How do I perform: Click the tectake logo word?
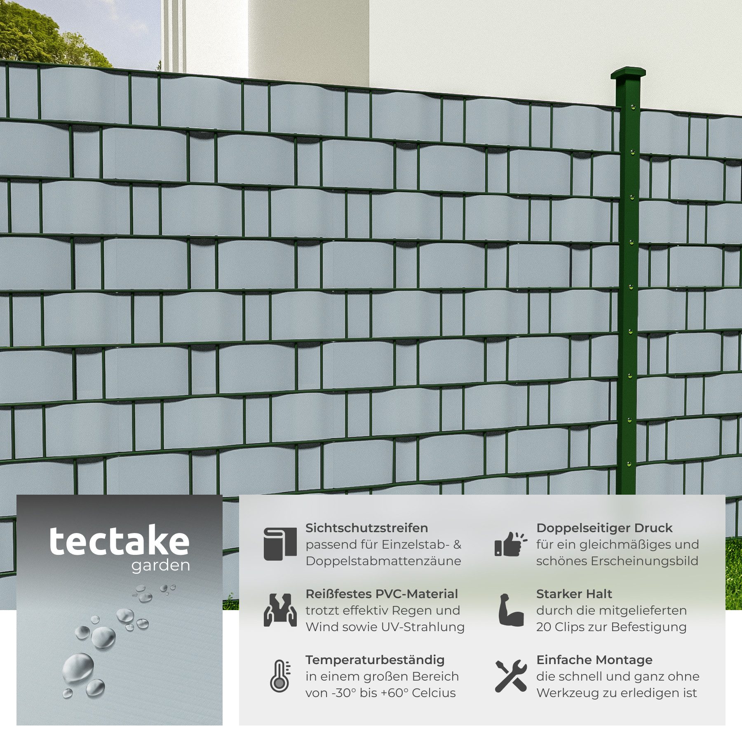pyautogui.click(x=120, y=542)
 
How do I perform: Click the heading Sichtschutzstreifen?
pyautogui.click(x=367, y=528)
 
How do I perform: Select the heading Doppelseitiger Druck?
pyautogui.click(x=604, y=528)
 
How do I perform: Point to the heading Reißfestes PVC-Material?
pyautogui.click(x=382, y=594)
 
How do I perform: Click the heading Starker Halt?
pyautogui.click(x=574, y=594)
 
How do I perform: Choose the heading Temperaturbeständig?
pyautogui.click(x=375, y=660)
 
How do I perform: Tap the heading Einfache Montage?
pyautogui.click(x=594, y=660)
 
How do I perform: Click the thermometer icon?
pyautogui.click(x=280, y=676)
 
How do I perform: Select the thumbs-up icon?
pyautogui.click(x=511, y=544)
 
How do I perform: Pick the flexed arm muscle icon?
pyautogui.click(x=511, y=610)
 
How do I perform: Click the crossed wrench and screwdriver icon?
pyautogui.click(x=511, y=676)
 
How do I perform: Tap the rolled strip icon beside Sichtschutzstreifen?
pyautogui.click(x=280, y=544)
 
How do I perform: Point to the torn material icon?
pyautogui.click(x=280, y=610)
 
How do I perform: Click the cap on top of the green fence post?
pyautogui.click(x=628, y=74)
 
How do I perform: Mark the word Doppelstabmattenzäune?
pyautogui.click(x=383, y=561)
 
